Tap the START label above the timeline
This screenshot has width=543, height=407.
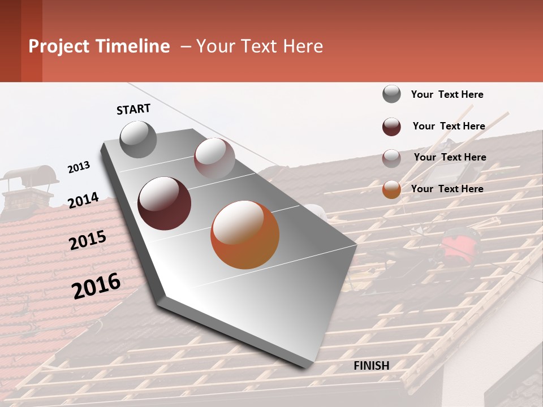133,109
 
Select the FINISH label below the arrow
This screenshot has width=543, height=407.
372,366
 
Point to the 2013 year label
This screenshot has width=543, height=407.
79,167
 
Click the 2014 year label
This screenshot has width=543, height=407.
83,200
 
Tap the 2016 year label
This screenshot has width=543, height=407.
96,285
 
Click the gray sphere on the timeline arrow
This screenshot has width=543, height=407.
138,139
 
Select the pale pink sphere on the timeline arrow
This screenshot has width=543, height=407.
214,158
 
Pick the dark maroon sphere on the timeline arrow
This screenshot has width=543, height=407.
164,203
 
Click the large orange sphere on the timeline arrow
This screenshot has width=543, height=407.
245,235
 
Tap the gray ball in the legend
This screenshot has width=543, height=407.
391,94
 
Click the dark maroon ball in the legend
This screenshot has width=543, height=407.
391,127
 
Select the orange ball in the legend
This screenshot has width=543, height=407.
391,189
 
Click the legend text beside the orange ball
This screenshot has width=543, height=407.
447,189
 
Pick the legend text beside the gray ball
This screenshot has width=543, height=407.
447,94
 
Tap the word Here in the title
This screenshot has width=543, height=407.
303,46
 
